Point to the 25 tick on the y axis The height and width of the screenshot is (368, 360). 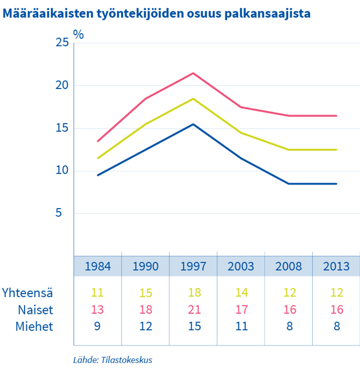tap(62, 43)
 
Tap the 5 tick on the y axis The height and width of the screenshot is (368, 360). tap(65, 213)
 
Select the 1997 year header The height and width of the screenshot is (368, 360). tap(193, 266)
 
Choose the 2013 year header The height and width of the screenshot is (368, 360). tap(336, 266)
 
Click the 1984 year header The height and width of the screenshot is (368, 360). tap(98, 266)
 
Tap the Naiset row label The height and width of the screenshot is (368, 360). tap(36, 310)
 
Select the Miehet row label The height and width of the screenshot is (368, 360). tap(35, 326)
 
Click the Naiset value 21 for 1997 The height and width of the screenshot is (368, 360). tap(193, 310)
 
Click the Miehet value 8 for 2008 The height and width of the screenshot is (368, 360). tap(289, 326)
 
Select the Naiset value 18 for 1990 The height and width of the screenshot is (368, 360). tap(145, 310)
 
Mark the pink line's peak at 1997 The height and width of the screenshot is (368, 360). tap(193, 73)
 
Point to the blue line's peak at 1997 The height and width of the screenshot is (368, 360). tap(193, 124)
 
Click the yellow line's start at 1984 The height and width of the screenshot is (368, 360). tap(98, 158)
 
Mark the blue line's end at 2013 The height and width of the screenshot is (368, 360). tap(336, 184)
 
